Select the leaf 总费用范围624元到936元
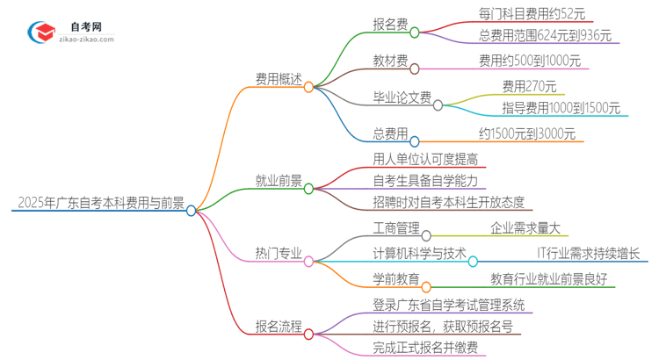(x=532, y=37)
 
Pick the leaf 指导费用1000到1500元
(x=548, y=109)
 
